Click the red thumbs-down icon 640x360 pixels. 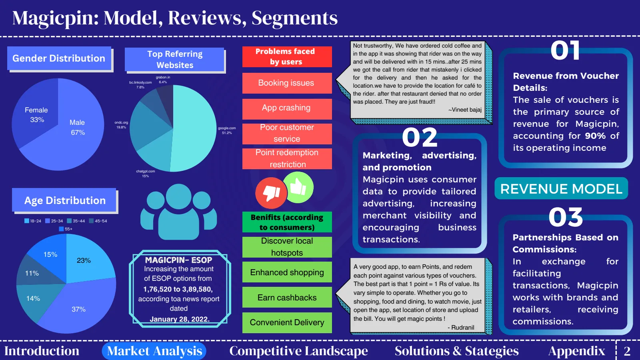tap(271, 193)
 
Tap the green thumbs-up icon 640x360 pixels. tap(298, 188)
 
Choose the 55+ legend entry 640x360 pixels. tap(66, 229)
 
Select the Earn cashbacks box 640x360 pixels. tap(287, 297)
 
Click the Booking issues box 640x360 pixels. tap(287, 83)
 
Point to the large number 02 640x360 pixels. tap(420, 138)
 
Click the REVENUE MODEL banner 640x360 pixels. tap(561, 188)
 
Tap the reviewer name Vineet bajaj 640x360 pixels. tap(465, 110)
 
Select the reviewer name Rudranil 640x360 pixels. tap(460, 328)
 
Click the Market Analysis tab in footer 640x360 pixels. tap(154, 351)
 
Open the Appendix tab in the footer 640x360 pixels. tap(576, 351)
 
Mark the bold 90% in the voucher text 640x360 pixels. tap(595, 136)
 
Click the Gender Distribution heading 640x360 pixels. tap(59, 58)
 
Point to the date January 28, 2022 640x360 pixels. tap(180, 319)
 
